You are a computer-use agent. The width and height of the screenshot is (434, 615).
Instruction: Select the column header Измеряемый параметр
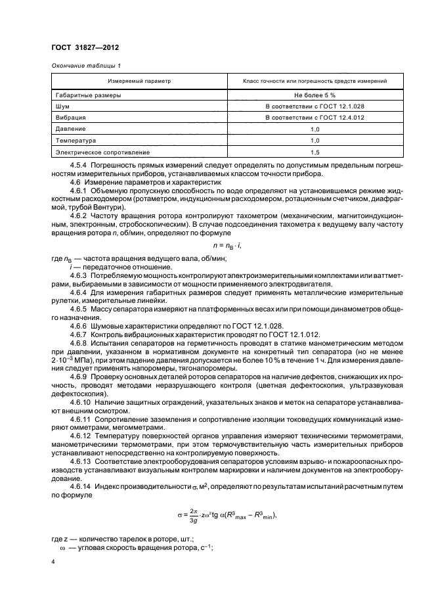point(139,81)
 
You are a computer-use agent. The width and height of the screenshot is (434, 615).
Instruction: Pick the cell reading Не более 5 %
point(314,95)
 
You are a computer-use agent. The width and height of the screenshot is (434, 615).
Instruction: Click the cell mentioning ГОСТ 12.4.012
point(314,117)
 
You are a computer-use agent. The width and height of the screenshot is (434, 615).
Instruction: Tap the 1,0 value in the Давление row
point(314,129)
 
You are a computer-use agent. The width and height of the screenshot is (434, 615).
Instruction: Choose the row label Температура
point(76,141)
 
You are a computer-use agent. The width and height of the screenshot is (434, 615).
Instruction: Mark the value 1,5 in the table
point(314,152)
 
